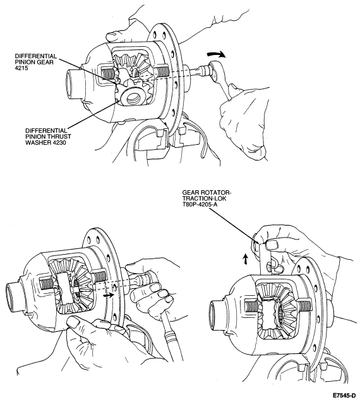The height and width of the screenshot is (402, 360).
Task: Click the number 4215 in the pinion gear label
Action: (21, 68)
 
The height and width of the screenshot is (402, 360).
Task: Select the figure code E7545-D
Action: (344, 394)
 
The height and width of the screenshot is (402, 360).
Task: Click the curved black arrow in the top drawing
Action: (217, 54)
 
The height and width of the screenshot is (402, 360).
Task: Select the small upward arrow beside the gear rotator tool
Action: (245, 259)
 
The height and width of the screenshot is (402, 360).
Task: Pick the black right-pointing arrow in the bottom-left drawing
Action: (108, 295)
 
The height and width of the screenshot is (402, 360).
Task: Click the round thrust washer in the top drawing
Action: (132, 97)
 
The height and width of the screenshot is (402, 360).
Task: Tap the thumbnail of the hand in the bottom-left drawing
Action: (73, 322)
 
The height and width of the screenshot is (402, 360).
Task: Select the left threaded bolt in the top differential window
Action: (108, 72)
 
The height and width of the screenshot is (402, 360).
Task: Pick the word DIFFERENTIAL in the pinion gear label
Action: (35, 56)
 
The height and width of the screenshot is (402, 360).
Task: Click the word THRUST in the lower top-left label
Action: (61, 137)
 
